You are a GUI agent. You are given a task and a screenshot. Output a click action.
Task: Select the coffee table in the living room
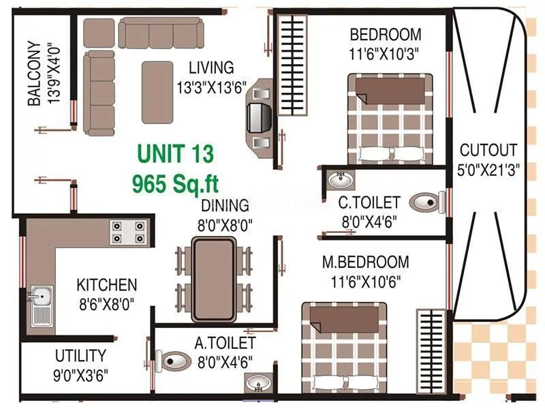click(158, 91)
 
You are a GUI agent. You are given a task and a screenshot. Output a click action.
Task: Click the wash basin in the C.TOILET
click(339, 180)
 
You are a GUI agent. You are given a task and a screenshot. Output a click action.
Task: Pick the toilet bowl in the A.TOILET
click(173, 359)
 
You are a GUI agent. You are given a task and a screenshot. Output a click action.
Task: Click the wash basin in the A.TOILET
click(258, 384)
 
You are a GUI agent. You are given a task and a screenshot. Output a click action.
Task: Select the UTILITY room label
click(80, 356)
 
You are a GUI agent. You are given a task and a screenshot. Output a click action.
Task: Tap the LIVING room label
click(211, 68)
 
